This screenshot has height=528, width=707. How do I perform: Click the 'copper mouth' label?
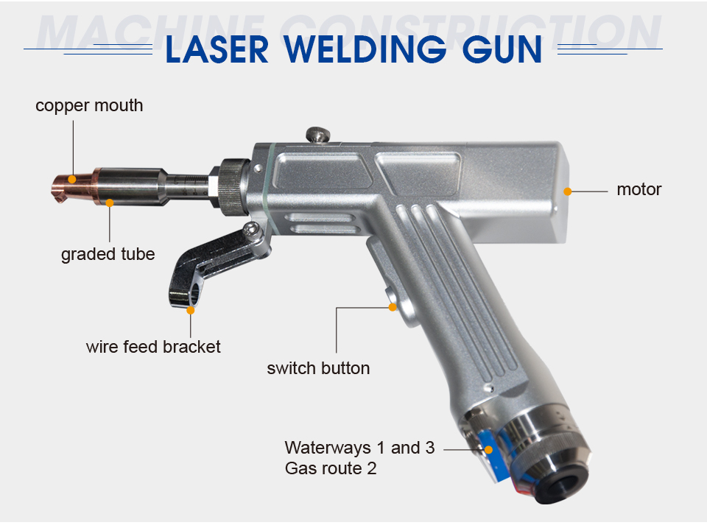(x=89, y=106)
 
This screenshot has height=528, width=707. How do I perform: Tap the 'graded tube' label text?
(x=108, y=254)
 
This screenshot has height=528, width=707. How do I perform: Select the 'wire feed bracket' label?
(x=153, y=347)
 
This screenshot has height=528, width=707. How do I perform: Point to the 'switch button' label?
(x=318, y=368)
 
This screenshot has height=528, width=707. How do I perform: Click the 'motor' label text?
(x=639, y=189)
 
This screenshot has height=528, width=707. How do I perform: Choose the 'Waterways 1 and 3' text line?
(x=360, y=448)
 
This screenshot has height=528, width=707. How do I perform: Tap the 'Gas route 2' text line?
(x=331, y=468)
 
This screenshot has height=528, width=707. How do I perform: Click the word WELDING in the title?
(x=365, y=49)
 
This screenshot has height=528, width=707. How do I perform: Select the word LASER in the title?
(x=217, y=49)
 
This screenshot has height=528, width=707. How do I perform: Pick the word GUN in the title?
(x=502, y=49)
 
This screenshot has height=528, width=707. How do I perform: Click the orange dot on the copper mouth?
(x=71, y=180)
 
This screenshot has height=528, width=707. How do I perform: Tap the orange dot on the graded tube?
(x=110, y=203)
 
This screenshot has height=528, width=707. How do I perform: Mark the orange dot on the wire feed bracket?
(x=191, y=310)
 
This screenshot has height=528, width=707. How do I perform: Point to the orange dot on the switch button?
(x=393, y=307)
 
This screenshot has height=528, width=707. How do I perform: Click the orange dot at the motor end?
(x=568, y=191)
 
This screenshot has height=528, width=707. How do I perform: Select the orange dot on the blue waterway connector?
(x=488, y=449)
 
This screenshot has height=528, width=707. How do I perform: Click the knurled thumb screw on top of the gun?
(x=318, y=135)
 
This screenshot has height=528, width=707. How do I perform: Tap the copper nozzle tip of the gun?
(x=73, y=186)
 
